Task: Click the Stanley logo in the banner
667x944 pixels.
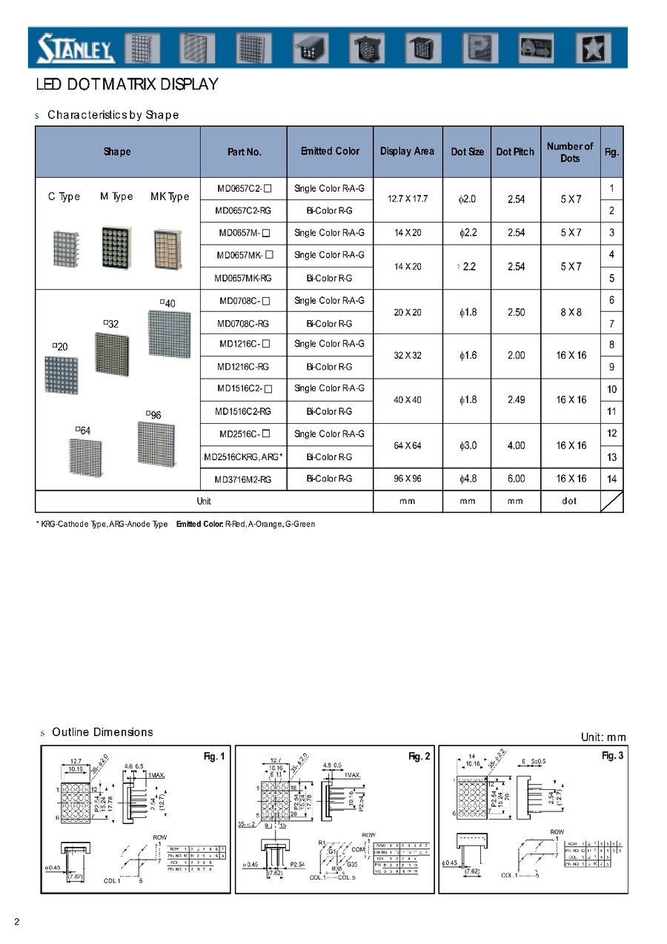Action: click(76, 49)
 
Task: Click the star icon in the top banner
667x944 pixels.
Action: click(594, 49)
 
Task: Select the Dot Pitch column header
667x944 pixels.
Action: click(515, 152)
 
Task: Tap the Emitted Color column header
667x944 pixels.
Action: click(330, 151)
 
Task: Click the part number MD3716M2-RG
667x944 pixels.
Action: click(244, 480)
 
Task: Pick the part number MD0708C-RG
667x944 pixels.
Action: click(243, 324)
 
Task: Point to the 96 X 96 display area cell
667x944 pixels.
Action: click(407, 479)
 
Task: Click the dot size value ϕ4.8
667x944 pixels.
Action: click(468, 479)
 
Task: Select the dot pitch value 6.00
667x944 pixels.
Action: click(516, 479)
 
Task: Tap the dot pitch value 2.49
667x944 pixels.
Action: click(516, 400)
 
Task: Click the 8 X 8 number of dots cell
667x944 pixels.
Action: click(571, 313)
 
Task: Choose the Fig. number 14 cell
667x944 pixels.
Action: click(611, 479)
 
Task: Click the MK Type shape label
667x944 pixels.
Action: click(170, 196)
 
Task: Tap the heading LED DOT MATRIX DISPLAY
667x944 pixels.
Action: click(127, 84)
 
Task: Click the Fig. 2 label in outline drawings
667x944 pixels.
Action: click(419, 756)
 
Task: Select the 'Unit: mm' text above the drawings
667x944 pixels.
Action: click(603, 737)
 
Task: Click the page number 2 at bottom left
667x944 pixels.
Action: click(16, 921)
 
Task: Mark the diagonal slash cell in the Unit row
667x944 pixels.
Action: click(611, 502)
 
